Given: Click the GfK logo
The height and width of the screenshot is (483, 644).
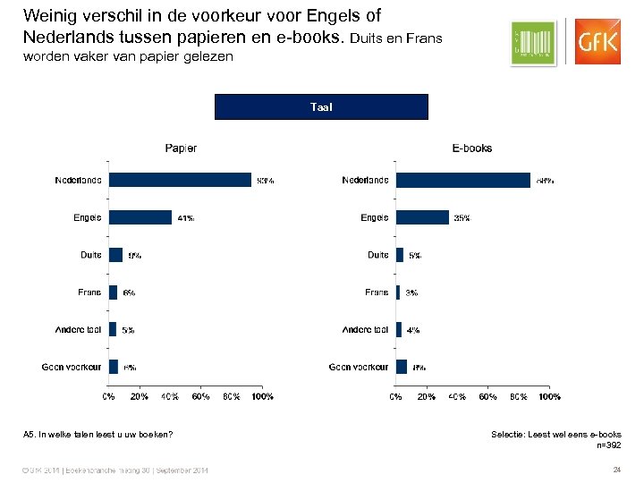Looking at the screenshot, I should click(597, 41).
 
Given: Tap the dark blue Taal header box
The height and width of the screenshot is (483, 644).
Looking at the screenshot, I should click(321, 106).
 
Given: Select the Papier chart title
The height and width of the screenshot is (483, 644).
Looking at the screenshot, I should click(181, 148).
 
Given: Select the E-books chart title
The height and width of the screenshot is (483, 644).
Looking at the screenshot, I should click(471, 148).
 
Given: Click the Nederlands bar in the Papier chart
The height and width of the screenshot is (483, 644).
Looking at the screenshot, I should click(180, 180).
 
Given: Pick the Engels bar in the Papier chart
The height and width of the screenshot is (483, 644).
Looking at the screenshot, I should click(140, 217).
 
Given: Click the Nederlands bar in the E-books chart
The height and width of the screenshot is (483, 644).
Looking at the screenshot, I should click(462, 180).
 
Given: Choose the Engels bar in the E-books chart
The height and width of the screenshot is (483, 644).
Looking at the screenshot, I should click(422, 217).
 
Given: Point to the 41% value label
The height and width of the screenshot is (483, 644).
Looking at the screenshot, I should click(185, 218).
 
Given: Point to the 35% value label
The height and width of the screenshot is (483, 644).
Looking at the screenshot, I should click(462, 218).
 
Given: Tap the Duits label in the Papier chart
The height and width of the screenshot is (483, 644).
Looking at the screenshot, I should click(90, 255).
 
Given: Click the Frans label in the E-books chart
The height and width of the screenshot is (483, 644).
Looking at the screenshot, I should click(377, 292).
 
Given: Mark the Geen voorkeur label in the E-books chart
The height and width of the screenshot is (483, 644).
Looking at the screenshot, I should click(359, 367).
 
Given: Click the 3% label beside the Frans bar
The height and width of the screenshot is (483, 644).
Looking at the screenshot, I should click(412, 292).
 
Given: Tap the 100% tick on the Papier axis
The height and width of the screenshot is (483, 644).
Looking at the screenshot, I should click(262, 395).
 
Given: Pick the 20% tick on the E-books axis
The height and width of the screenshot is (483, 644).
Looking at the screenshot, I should click(427, 395).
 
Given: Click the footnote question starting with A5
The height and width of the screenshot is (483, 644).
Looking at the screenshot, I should click(97, 435).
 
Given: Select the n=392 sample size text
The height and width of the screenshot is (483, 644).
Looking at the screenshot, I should click(607, 445).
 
